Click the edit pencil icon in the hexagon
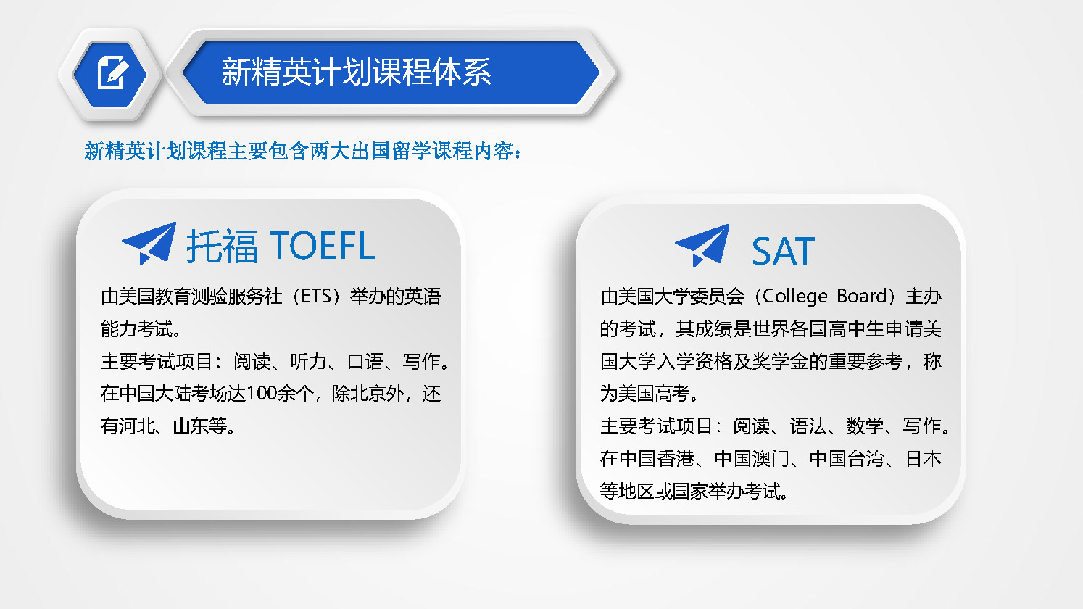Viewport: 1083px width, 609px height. (x=113, y=72)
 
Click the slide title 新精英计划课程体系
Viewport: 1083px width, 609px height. (x=357, y=72)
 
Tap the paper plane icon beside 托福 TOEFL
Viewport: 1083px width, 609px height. (x=149, y=244)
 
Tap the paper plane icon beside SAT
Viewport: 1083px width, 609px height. (x=702, y=245)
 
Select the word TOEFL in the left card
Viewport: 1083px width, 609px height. (x=322, y=246)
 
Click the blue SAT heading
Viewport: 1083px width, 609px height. (x=783, y=251)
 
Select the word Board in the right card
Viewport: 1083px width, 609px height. (x=862, y=296)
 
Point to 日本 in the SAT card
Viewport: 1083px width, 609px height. (x=924, y=459)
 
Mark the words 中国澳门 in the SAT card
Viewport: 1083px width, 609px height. (x=752, y=459)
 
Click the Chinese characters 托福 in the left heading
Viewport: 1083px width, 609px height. (x=222, y=246)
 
